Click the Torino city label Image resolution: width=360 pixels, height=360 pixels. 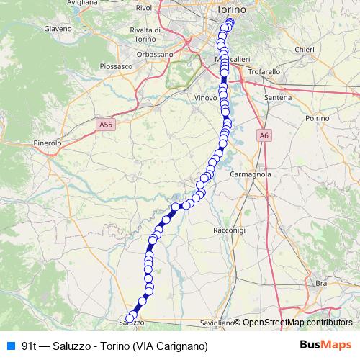pos(231,10)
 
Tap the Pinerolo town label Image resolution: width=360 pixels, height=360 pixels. pos(48,143)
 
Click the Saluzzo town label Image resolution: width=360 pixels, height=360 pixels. pos(131,323)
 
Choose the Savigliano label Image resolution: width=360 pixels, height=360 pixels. pos(215,323)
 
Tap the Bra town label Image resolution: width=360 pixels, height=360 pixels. pos(321,284)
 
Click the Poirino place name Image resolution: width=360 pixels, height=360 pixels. pos(317,117)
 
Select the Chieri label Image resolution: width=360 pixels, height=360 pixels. pos(305,49)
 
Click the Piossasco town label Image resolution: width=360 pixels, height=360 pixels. pos(116,66)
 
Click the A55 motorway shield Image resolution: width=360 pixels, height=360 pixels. pos(106,125)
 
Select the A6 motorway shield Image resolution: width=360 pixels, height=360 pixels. pos(264,135)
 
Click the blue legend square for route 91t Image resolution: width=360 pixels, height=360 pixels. pos(10,346)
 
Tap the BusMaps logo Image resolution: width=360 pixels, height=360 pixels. pos(325,345)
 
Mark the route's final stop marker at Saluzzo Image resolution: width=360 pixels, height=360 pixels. pos(130,318)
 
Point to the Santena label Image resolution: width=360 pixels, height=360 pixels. pos(277,96)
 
